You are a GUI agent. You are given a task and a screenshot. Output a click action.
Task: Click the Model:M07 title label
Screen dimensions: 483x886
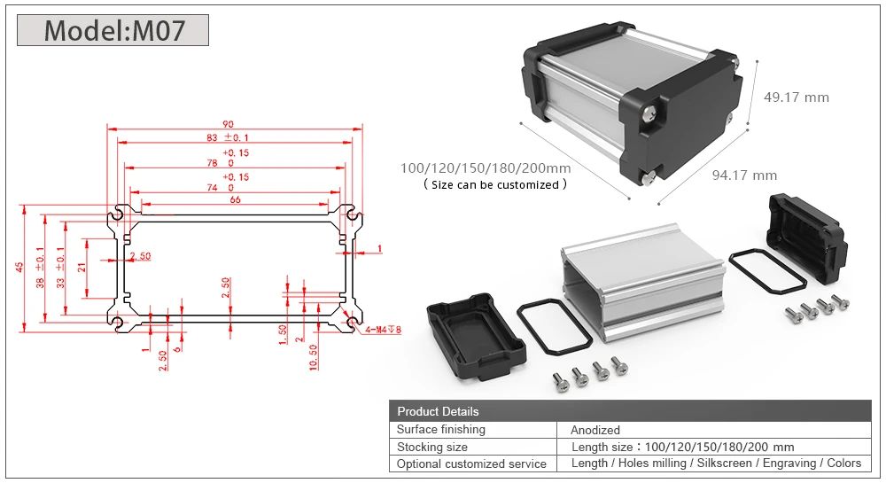point(113,30)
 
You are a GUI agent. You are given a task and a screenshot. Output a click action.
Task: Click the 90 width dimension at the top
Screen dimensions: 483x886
point(229,124)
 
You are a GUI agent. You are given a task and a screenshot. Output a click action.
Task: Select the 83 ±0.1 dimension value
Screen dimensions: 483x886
point(228,137)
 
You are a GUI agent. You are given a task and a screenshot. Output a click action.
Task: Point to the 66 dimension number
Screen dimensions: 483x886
point(235,199)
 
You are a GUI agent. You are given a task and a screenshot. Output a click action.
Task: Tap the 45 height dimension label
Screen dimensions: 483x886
point(19,267)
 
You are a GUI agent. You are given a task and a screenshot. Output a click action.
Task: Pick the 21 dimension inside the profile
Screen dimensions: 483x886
point(82,267)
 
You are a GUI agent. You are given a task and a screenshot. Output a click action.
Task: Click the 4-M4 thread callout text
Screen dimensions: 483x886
point(384,330)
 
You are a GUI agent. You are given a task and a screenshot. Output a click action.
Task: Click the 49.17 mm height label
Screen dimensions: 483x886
point(796,97)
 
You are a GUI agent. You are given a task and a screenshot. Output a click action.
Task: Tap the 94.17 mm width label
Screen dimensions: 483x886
point(744,175)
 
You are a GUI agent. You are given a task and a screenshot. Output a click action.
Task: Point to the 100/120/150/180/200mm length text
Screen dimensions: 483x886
point(485,168)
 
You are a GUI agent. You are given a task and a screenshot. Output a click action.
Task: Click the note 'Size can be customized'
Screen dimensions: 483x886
point(494,184)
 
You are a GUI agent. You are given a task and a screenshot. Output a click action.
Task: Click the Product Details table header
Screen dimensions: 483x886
point(438,411)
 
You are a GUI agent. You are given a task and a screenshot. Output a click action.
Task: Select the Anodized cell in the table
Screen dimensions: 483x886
point(595,430)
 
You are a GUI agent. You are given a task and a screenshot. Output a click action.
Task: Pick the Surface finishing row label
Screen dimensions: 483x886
point(441,430)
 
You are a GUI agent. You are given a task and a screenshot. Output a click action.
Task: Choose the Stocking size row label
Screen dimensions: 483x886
point(432,447)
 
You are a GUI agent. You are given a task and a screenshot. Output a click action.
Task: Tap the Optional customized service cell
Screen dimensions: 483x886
point(472,464)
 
